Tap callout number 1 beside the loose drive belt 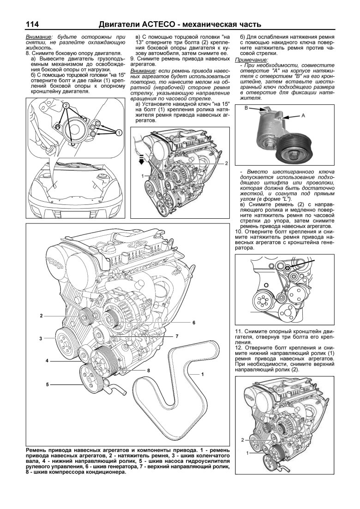pyautogui.click(x=202, y=374)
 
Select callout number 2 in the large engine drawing pyautogui.click(x=41, y=316)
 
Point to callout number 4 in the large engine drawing pyautogui.click(x=47, y=360)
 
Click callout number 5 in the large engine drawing pyautogui.click(x=47, y=384)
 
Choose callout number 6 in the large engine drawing pyautogui.click(x=194, y=322)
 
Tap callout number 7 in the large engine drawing pyautogui.click(x=176, y=336)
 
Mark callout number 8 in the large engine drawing pyautogui.click(x=149, y=371)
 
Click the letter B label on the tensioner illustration pyautogui.click(x=246, y=108)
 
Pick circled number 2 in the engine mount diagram pyautogui.click(x=66, y=106)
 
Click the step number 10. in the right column pyautogui.click(x=239, y=231)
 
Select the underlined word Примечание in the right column pyautogui.click(x=249, y=60)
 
